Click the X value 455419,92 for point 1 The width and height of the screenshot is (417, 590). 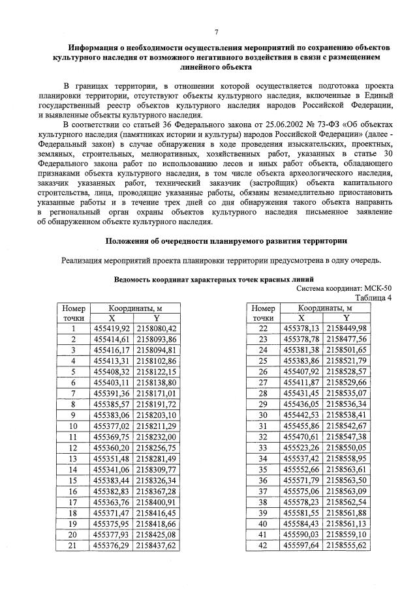pyautogui.click(x=112, y=329)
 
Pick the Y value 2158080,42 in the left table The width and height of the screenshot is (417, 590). pyautogui.click(x=155, y=329)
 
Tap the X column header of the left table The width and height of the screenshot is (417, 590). pyautogui.click(x=112, y=318)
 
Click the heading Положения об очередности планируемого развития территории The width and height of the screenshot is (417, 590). pyautogui.click(x=226, y=241)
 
